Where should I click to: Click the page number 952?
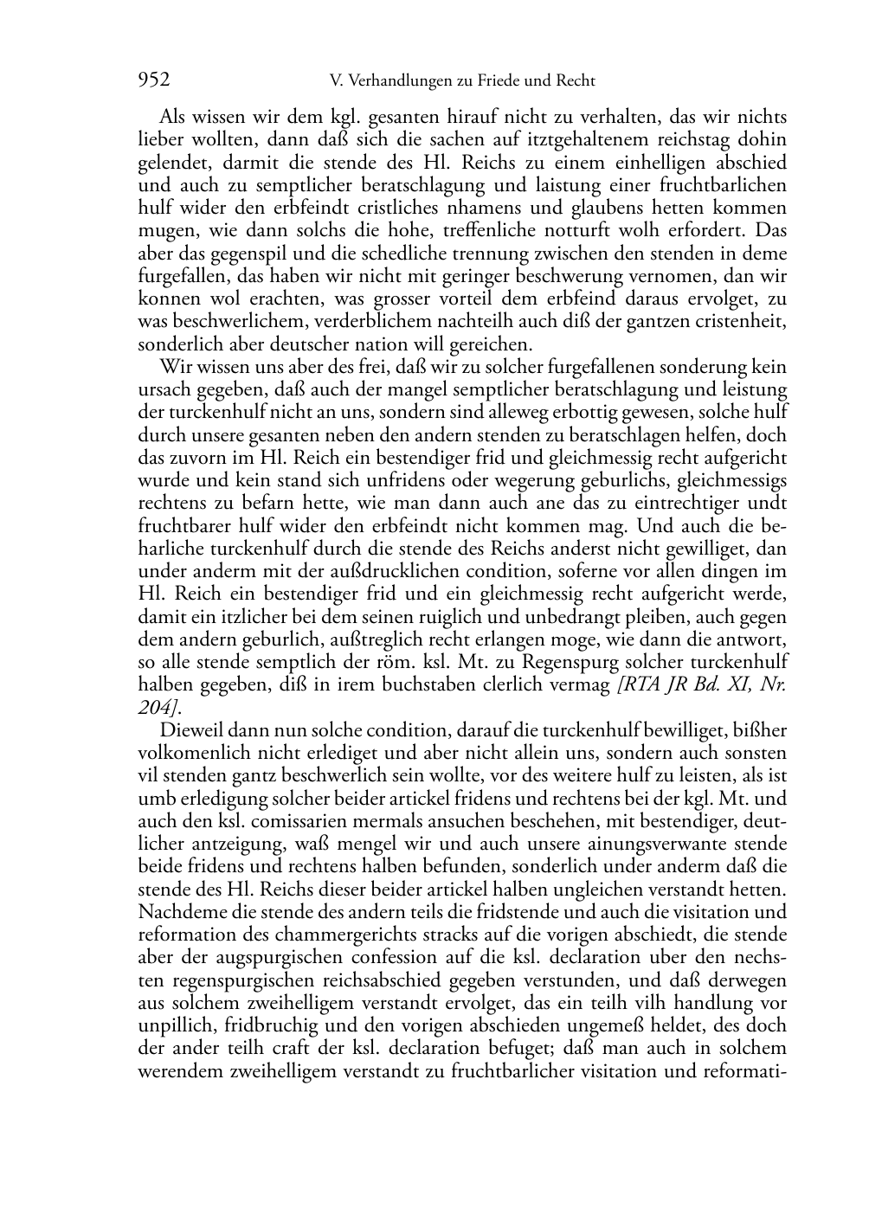pyautogui.click(x=153, y=80)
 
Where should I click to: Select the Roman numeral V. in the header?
pyautogui.click(x=337, y=81)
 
